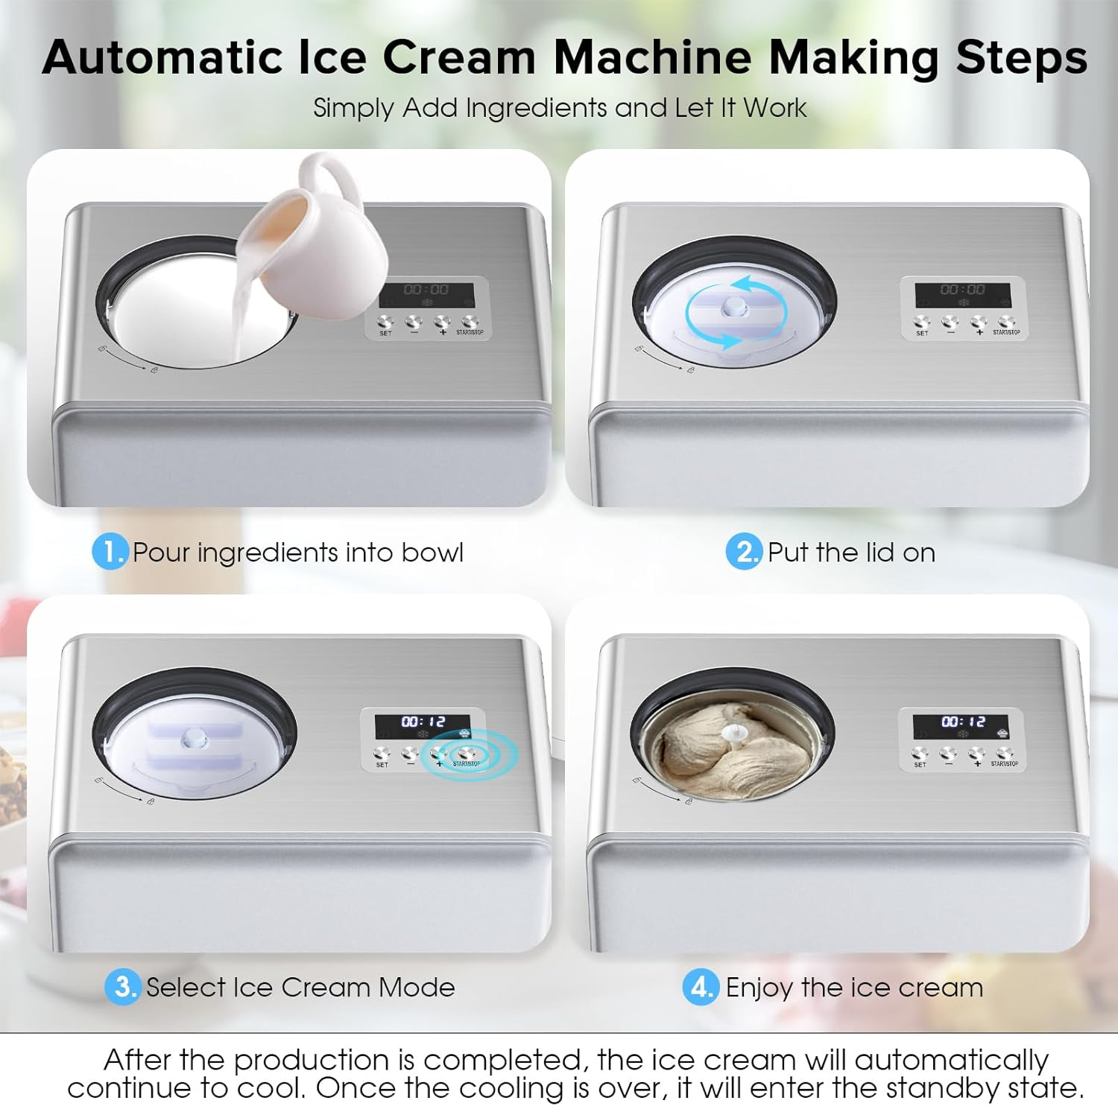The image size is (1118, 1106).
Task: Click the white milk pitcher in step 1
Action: tap(320, 238)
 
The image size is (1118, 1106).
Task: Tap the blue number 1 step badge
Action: tap(110, 552)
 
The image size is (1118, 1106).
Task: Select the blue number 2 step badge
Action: tap(743, 552)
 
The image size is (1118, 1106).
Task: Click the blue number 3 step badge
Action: tap(123, 987)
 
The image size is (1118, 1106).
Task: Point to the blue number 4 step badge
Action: tap(701, 987)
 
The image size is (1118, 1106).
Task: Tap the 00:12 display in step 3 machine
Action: tap(423, 722)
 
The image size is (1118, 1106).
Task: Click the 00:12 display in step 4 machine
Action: tap(961, 722)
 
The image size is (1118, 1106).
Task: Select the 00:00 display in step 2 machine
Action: tap(962, 290)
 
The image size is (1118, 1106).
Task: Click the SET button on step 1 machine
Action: tap(385, 322)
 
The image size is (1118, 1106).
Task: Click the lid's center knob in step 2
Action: tap(734, 305)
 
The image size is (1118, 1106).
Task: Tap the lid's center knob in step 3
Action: tap(195, 737)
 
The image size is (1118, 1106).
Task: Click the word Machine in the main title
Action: tap(652, 57)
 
